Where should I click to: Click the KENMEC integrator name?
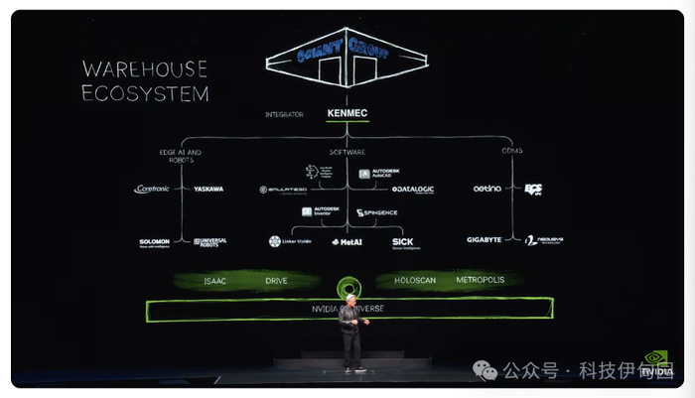pyautogui.click(x=347, y=114)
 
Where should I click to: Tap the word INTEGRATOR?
pyautogui.click(x=284, y=114)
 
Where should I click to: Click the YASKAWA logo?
pyautogui.click(x=208, y=189)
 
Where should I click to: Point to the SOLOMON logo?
pyautogui.click(x=154, y=241)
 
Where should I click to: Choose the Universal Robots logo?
pyautogui.click(x=210, y=241)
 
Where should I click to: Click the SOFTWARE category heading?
pyautogui.click(x=347, y=151)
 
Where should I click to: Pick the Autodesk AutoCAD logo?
pyautogui.click(x=378, y=174)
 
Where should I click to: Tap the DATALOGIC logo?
pyautogui.click(x=412, y=189)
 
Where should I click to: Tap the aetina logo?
pyautogui.click(x=486, y=189)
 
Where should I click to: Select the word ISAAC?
pyautogui.click(x=215, y=281)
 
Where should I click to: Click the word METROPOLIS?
pyautogui.click(x=480, y=280)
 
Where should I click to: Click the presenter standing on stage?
pyautogui.click(x=349, y=332)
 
